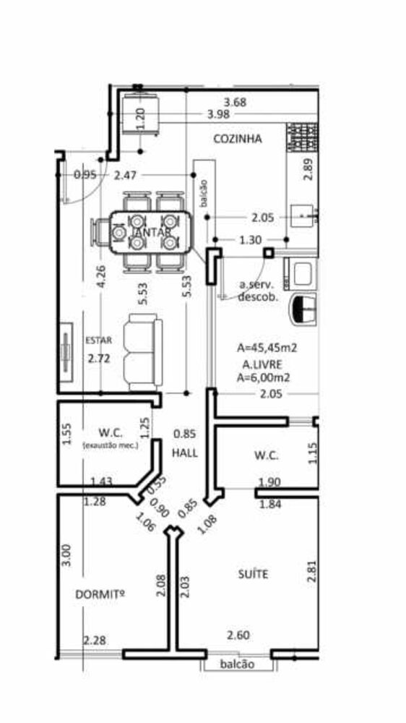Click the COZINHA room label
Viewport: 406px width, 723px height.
[237, 139]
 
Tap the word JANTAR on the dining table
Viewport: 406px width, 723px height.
[152, 232]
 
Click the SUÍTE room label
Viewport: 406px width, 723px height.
[253, 574]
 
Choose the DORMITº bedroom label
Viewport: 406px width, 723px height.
[100, 594]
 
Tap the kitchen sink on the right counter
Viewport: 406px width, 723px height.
[303, 215]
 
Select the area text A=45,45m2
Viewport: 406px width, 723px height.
[268, 348]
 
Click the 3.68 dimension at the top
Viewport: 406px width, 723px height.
[235, 103]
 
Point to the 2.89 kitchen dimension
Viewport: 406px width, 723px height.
[308, 168]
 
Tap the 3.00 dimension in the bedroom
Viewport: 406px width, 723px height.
[66, 555]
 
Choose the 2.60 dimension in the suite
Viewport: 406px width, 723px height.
[238, 636]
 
